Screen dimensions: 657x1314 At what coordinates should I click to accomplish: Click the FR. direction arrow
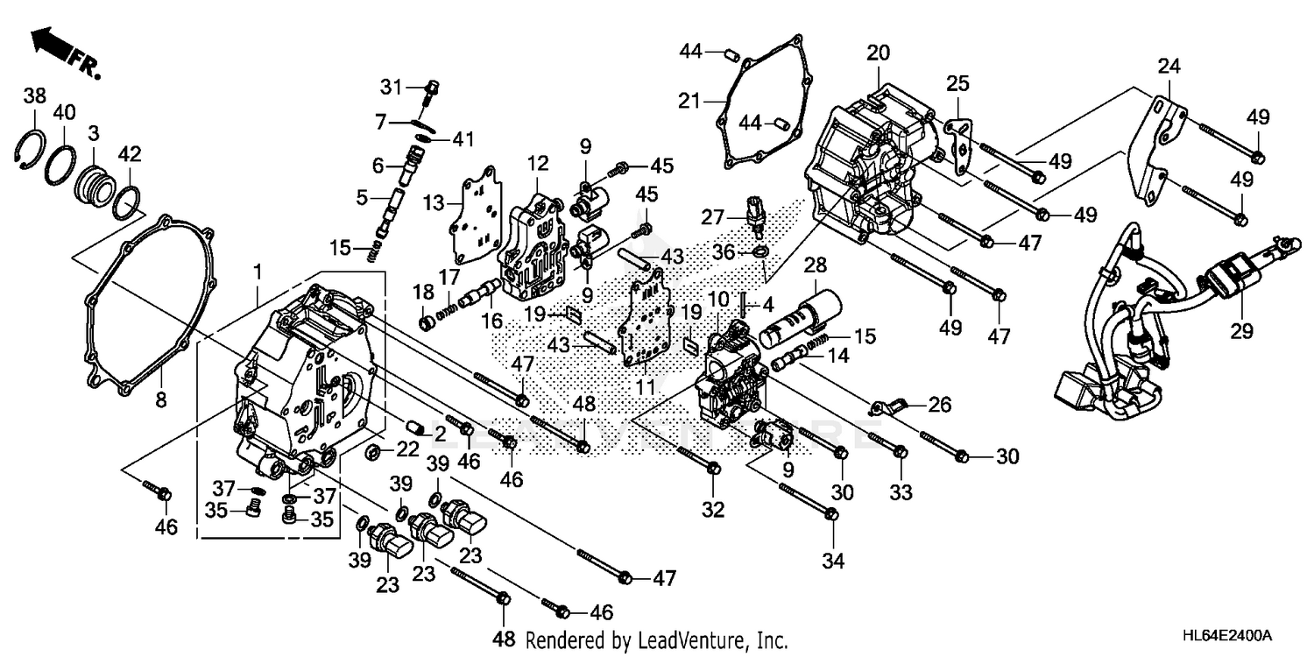pyautogui.click(x=54, y=48)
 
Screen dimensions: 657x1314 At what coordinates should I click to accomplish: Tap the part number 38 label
pyautogui.click(x=34, y=96)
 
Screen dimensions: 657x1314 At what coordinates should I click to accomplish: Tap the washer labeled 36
pyautogui.click(x=760, y=253)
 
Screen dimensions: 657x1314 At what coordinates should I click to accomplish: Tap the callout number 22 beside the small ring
pyautogui.click(x=408, y=449)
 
